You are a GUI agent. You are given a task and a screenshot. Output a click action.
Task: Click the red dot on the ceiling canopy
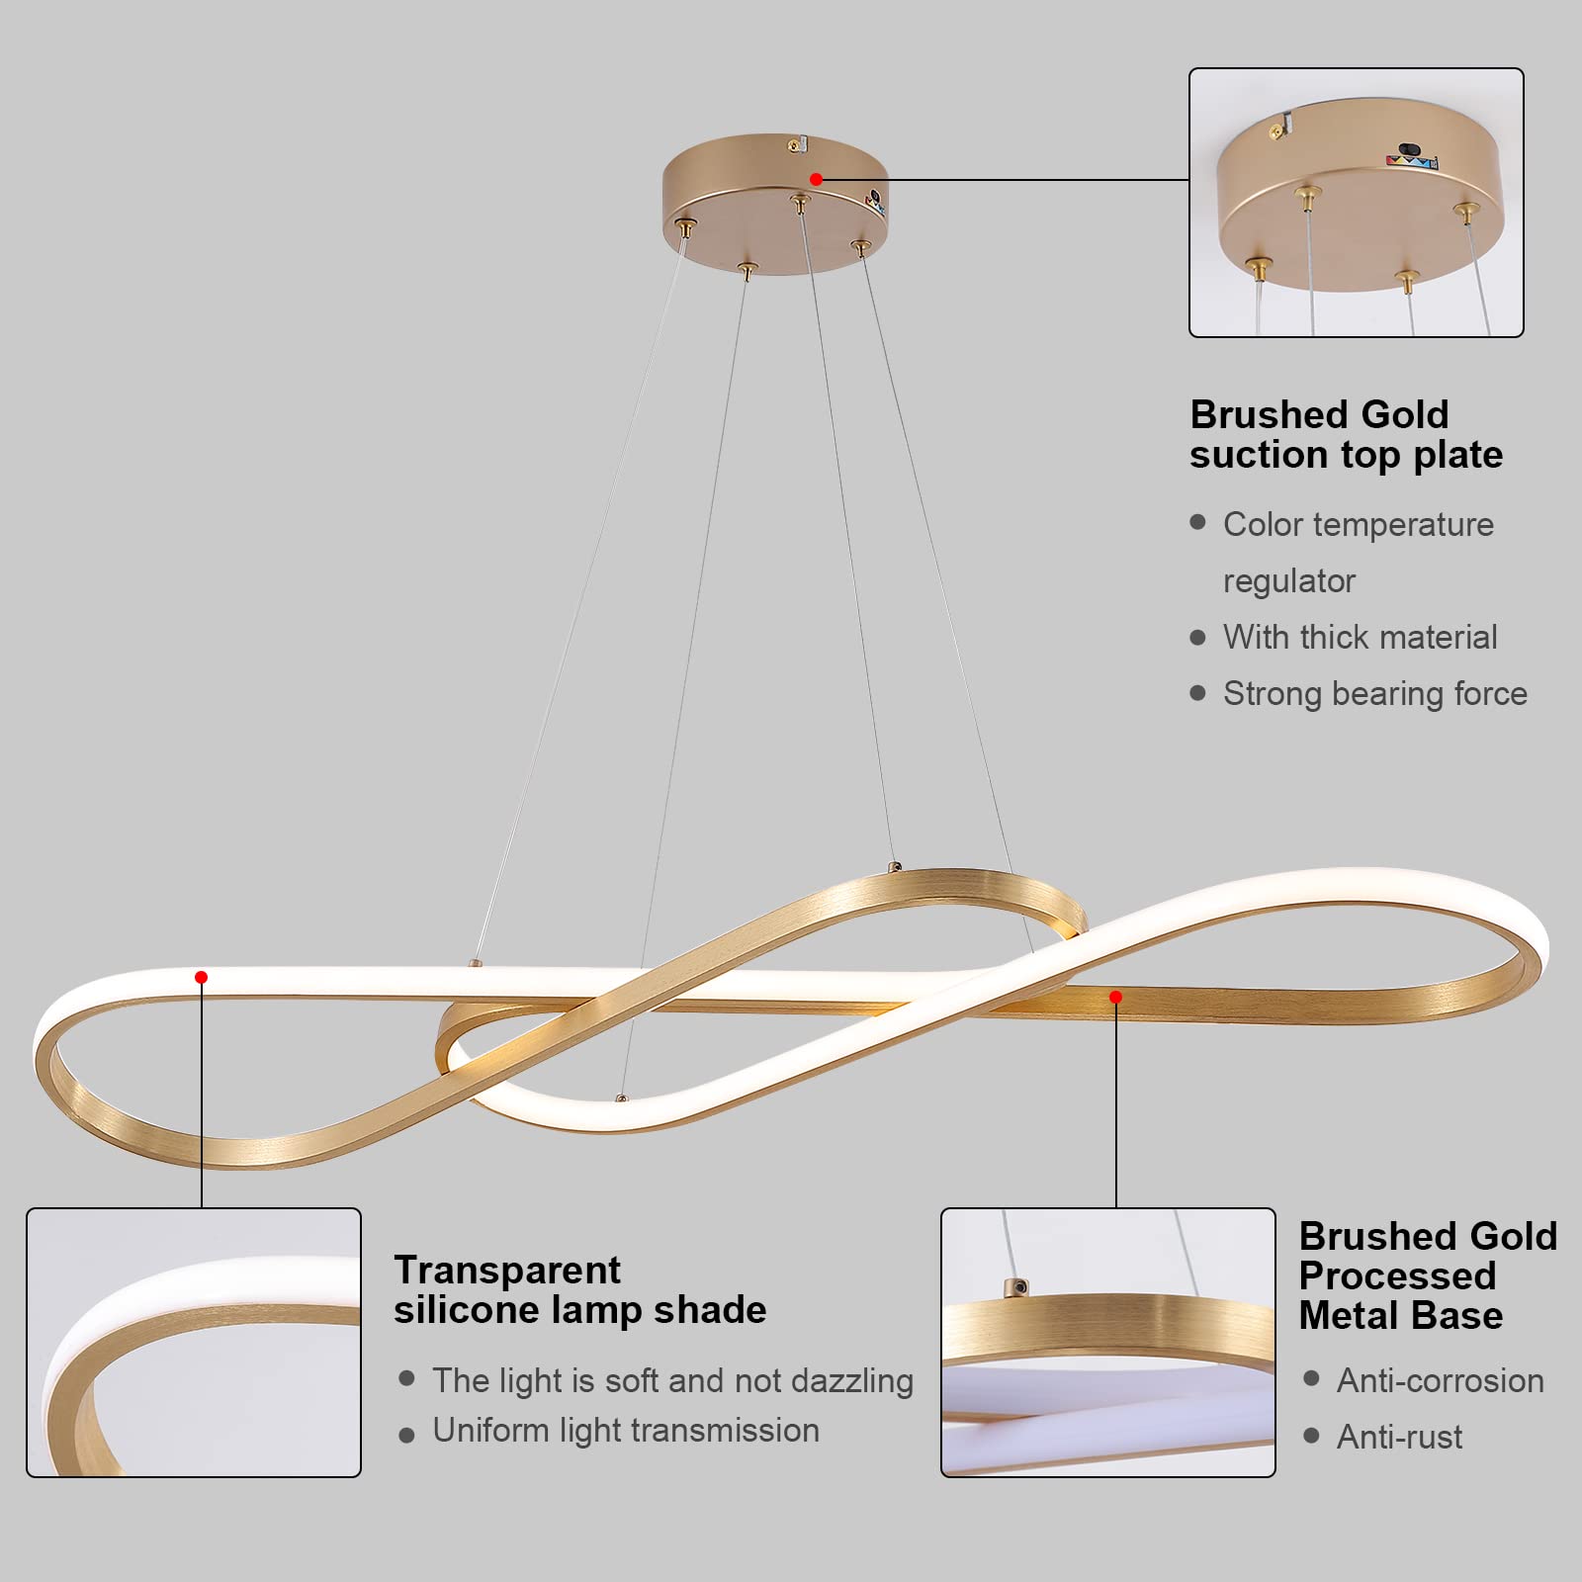click(x=816, y=179)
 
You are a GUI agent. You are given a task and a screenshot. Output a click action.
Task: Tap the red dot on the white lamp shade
click(x=201, y=977)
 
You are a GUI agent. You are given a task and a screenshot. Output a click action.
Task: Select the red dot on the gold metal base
click(x=1115, y=997)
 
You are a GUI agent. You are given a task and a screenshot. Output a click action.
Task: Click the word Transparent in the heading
click(x=507, y=1270)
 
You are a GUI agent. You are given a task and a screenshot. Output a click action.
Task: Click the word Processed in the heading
click(x=1397, y=1275)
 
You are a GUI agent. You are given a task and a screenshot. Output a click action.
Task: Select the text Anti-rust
click(x=1399, y=1437)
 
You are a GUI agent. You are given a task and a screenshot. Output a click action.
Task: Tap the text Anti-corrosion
click(x=1440, y=1380)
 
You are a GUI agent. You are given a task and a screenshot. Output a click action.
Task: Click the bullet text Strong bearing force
click(x=1374, y=693)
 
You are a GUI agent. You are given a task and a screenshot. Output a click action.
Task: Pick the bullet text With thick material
click(x=1360, y=637)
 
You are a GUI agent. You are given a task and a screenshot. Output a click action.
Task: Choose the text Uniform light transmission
click(x=625, y=1431)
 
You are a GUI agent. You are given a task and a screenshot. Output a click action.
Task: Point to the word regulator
click(x=1288, y=580)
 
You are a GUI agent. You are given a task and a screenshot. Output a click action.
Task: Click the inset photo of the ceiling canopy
click(x=1356, y=203)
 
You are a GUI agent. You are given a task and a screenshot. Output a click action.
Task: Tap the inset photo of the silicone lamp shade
click(x=194, y=1343)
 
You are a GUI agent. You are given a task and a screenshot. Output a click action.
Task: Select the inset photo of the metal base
click(x=1107, y=1343)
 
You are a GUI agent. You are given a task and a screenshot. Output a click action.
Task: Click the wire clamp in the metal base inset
click(x=1015, y=1287)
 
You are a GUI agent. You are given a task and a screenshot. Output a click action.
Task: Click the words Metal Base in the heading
click(x=1400, y=1316)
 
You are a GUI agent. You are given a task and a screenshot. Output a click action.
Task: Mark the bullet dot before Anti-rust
click(x=1311, y=1436)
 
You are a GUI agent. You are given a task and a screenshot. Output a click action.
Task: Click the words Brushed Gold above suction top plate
click(x=1319, y=414)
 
